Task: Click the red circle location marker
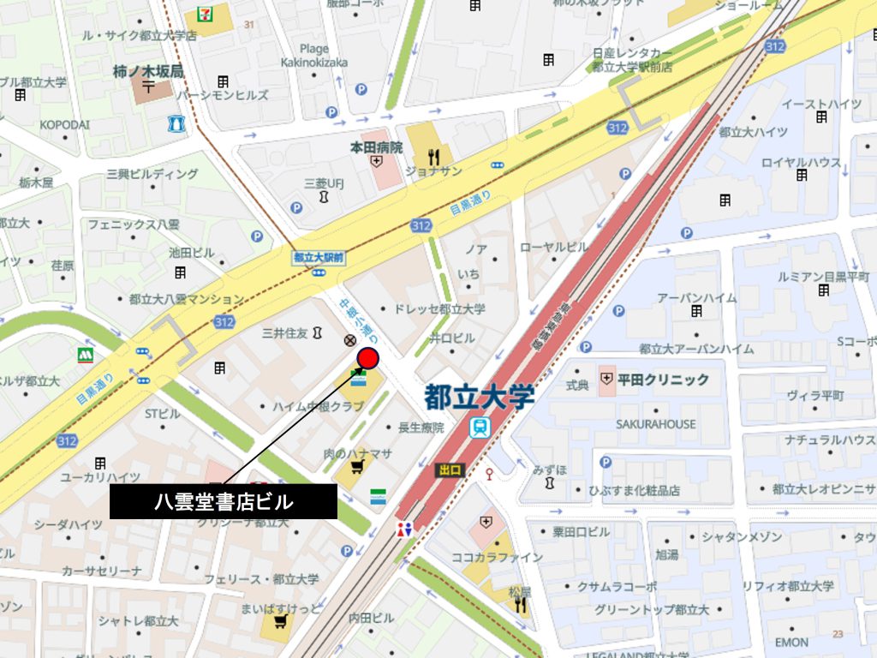[368, 358]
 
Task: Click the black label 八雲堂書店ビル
[223, 502]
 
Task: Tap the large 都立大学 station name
[480, 397]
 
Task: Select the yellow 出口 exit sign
[450, 470]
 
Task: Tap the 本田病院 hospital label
[376, 147]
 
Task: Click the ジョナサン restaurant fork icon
[434, 157]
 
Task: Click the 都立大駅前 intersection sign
[318, 256]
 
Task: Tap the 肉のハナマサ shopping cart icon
[355, 467]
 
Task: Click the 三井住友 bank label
[284, 332]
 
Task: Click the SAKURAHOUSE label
[655, 424]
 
